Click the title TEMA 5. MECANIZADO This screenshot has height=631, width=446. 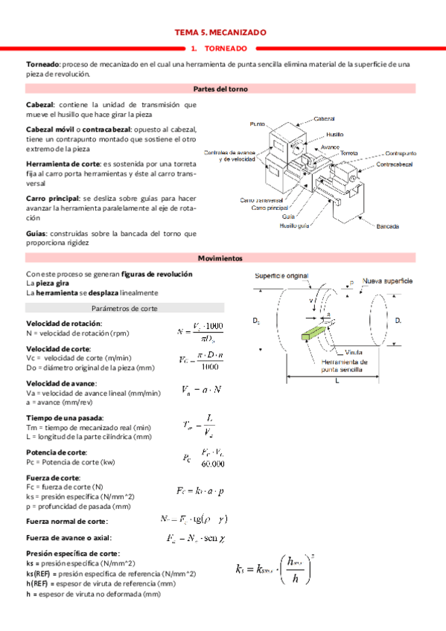[x=220, y=33]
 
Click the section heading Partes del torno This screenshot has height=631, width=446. [x=220, y=89]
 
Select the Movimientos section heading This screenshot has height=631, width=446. [x=220, y=257]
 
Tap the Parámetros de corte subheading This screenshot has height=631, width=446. [x=124, y=308]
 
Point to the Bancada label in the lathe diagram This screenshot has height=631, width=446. [x=390, y=225]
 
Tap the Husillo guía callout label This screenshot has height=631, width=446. [x=295, y=225]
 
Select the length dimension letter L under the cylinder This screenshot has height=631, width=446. [x=337, y=379]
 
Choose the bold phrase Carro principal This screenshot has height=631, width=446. [x=53, y=199]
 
